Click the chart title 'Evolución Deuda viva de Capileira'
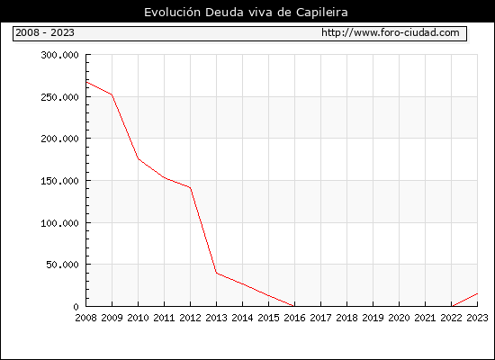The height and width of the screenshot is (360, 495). (x=246, y=13)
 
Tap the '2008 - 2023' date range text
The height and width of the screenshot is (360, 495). (x=45, y=32)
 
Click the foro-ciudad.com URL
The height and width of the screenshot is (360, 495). (x=391, y=32)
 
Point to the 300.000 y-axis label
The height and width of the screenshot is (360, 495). (x=59, y=55)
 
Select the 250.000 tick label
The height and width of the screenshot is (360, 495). (x=59, y=97)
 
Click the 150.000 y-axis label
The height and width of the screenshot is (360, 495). (x=59, y=181)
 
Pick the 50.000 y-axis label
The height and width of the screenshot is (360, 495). (x=62, y=265)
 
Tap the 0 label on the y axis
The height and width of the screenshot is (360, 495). (x=76, y=306)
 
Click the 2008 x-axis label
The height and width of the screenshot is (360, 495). (x=85, y=318)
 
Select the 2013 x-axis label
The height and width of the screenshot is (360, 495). (x=216, y=318)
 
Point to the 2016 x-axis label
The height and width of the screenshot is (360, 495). (x=294, y=318)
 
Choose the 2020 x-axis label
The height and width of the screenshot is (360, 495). (x=399, y=318)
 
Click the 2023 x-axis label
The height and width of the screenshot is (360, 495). (x=477, y=318)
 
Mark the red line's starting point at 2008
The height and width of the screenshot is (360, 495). (x=86, y=82)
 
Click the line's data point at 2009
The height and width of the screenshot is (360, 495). (x=112, y=94)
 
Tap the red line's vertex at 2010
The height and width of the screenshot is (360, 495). (x=139, y=158)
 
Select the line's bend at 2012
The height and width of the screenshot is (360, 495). (x=191, y=188)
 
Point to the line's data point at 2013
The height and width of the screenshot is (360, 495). (x=217, y=273)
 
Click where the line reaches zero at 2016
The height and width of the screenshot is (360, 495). (x=294, y=306)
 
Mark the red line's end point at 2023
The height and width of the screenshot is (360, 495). (x=477, y=293)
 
